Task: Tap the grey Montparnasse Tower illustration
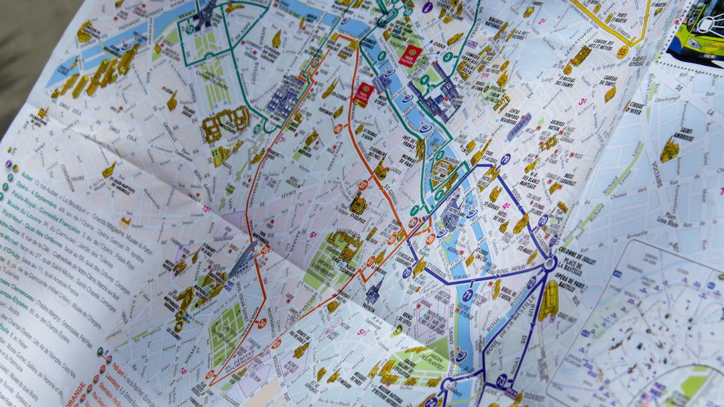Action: [243, 259]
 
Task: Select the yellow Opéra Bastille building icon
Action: [548, 300]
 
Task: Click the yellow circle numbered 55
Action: [623, 52]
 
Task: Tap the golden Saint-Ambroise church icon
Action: [668, 151]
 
